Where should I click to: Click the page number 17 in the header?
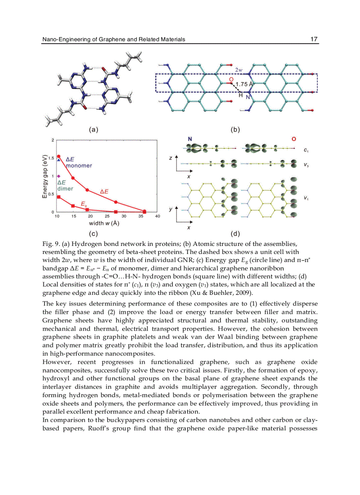click(314, 39)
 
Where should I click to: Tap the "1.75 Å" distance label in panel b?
click(244, 84)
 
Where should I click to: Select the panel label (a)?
click(93, 130)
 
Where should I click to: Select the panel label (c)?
click(93, 233)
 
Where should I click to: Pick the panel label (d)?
click(235, 233)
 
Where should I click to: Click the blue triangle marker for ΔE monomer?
click(59, 160)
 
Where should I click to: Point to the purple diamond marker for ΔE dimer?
click(59, 176)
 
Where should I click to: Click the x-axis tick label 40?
click(157, 216)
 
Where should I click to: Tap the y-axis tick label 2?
click(52, 140)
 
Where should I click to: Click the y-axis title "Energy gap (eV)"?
click(45, 176)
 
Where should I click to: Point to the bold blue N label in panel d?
click(190, 139)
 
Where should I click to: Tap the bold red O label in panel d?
click(294, 139)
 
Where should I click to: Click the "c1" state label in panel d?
click(306, 150)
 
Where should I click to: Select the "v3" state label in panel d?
click(306, 165)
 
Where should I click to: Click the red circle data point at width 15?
click(73, 178)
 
